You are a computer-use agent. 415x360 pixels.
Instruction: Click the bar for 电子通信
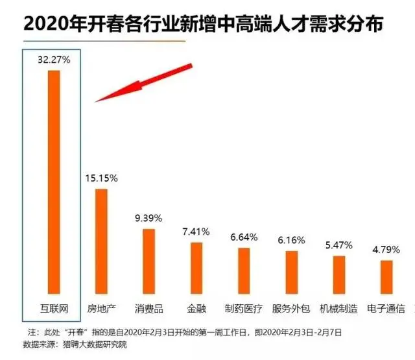(386, 278)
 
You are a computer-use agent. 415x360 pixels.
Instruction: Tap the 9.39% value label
(149, 217)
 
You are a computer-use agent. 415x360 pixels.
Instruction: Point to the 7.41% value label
(196, 232)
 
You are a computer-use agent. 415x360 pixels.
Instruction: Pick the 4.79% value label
(387, 249)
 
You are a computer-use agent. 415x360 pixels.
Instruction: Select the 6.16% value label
(292, 239)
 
